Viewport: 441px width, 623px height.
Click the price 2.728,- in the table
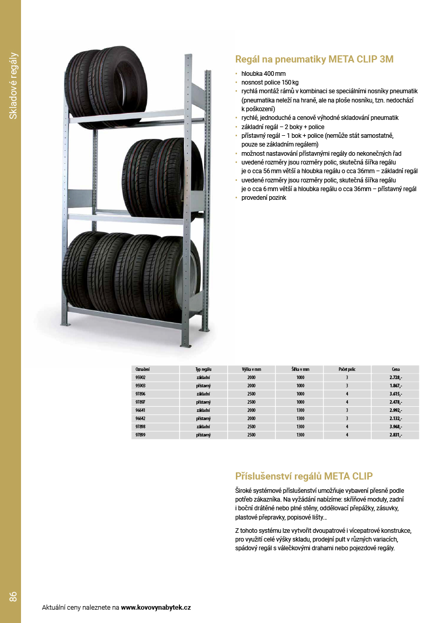395,377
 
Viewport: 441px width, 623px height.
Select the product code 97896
141,393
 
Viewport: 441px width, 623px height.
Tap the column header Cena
395,369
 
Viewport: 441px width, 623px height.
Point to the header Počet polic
347,369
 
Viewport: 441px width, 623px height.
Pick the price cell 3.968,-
395,426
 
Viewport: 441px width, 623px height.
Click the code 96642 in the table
141,418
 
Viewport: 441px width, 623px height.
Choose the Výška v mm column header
251,369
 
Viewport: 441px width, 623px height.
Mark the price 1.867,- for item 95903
395,385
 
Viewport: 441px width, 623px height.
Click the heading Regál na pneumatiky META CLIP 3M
314,59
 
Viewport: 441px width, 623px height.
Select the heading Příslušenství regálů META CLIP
304,476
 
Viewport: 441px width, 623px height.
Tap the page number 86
13,596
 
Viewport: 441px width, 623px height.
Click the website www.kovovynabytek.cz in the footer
156,608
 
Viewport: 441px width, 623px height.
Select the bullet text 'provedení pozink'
264,197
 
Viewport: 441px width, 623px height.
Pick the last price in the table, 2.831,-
395,434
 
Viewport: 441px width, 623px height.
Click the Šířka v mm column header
300,369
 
